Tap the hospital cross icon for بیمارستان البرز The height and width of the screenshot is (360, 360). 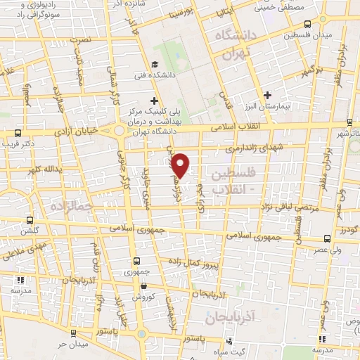[266, 95]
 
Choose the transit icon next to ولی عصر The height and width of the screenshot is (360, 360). [326, 238]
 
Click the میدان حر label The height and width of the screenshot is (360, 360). [70, 344]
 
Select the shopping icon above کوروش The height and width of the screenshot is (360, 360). [143, 285]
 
